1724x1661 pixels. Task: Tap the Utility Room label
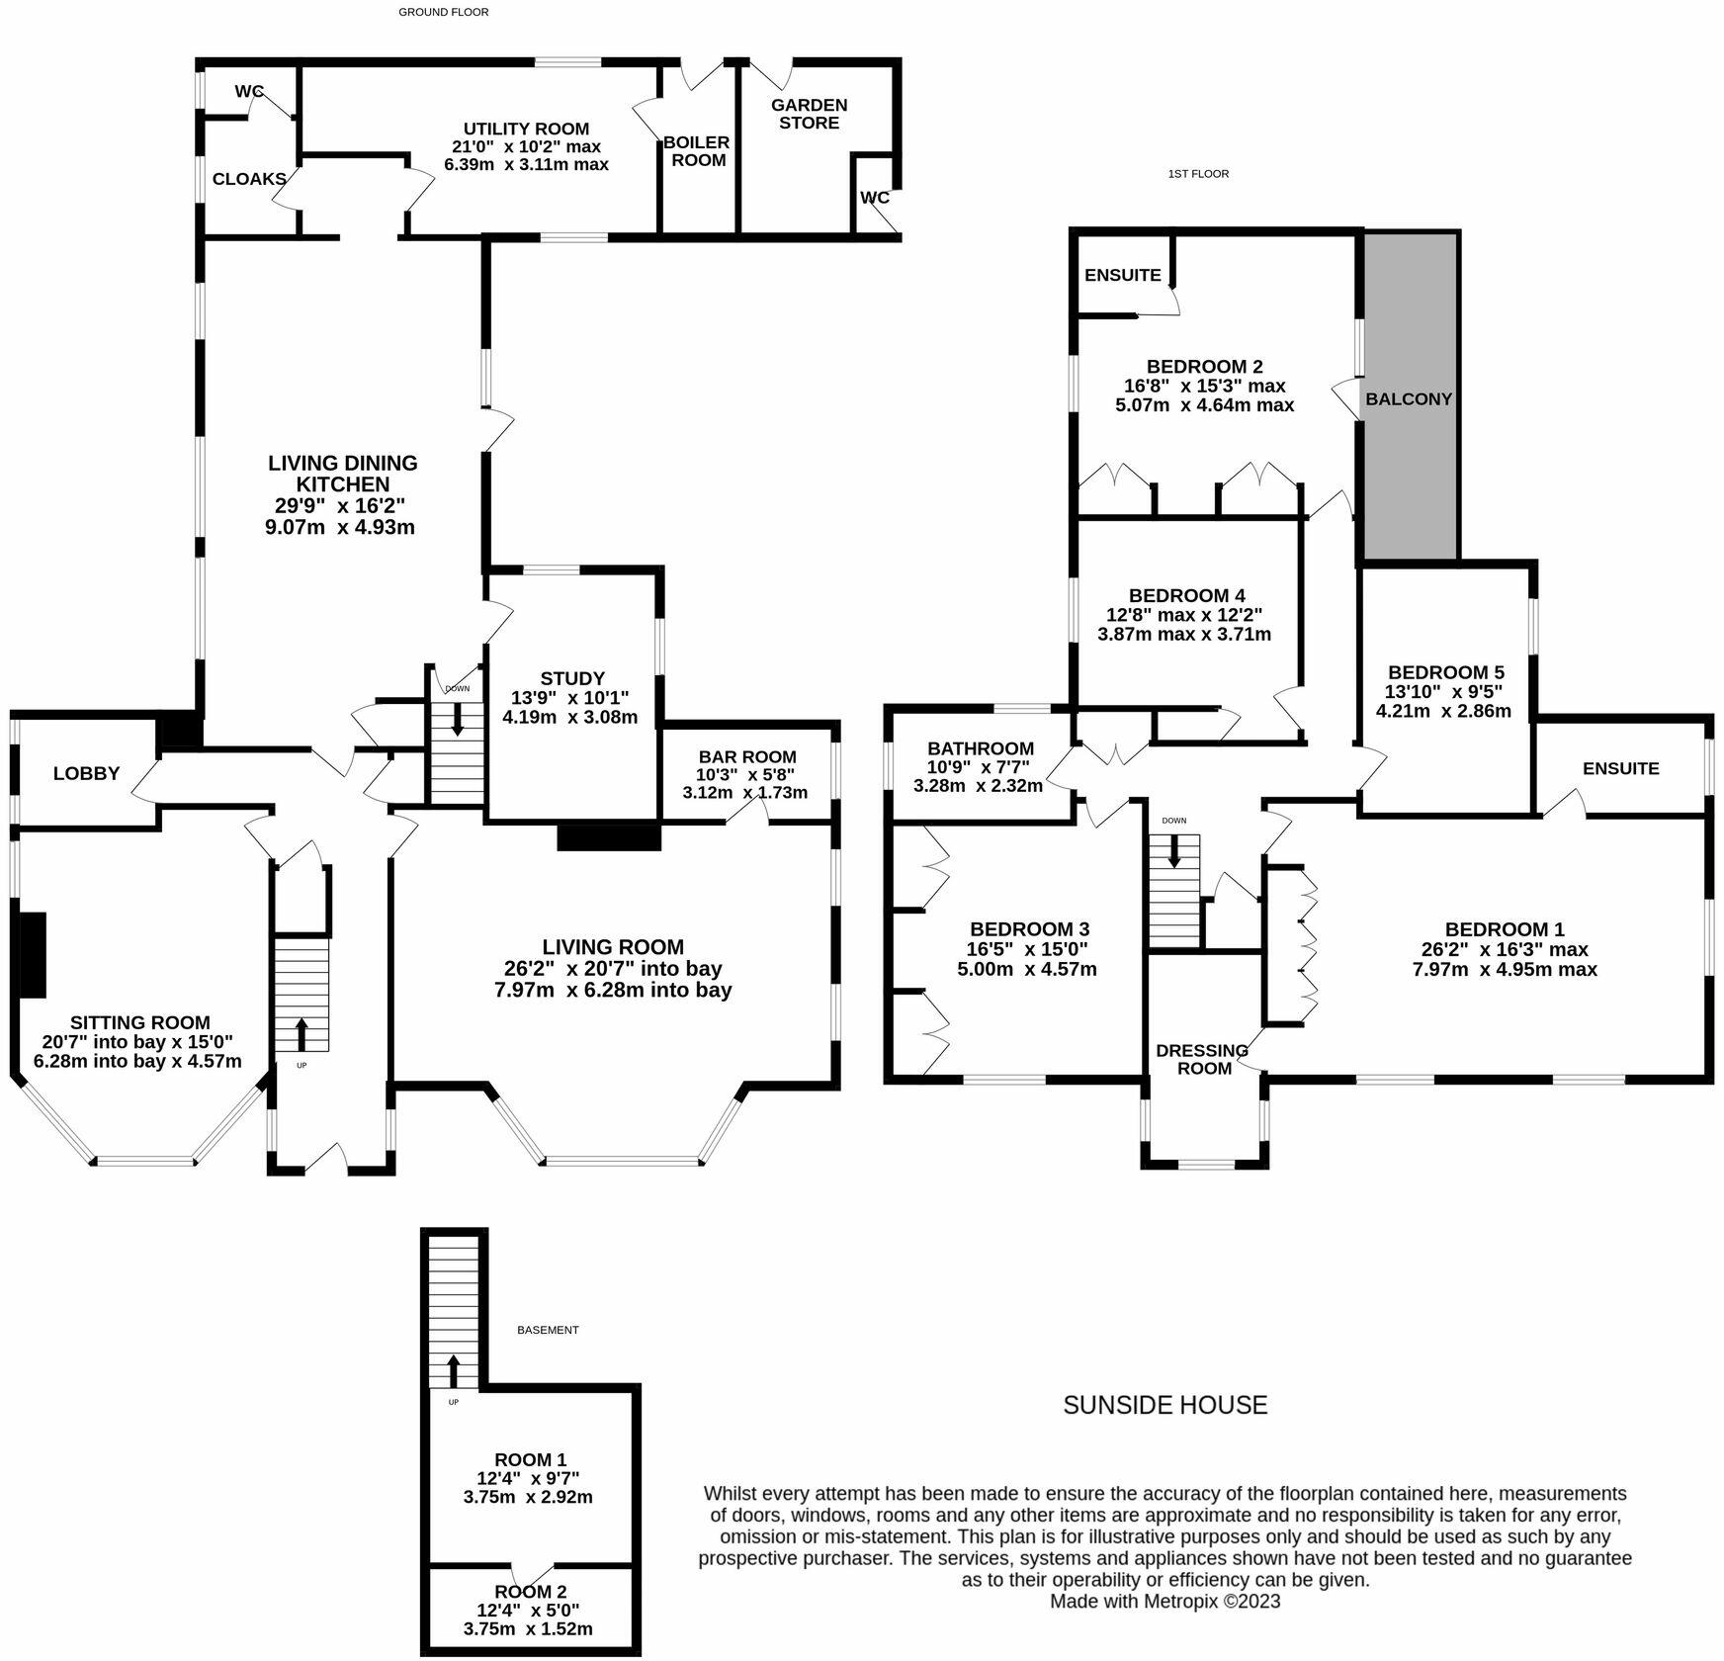(x=526, y=130)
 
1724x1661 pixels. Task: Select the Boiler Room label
(x=697, y=151)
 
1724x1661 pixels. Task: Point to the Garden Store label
(x=810, y=114)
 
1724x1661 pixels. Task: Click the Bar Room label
(x=746, y=756)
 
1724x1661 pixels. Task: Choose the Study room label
(x=572, y=678)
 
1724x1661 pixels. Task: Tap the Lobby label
(x=86, y=774)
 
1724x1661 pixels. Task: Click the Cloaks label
(x=249, y=180)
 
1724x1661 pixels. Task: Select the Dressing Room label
(x=1202, y=1059)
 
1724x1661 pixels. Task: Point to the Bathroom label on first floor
(x=980, y=748)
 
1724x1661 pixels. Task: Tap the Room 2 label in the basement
(x=531, y=1592)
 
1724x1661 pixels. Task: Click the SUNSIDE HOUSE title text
(x=1164, y=1405)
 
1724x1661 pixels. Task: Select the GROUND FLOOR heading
(x=443, y=12)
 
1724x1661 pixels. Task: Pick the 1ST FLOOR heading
(x=1198, y=174)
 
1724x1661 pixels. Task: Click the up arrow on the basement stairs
(x=453, y=1371)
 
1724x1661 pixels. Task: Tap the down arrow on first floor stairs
(x=1174, y=851)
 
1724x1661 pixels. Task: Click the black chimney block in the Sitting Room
(x=33, y=954)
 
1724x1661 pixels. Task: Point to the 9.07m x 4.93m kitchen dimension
(x=340, y=527)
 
